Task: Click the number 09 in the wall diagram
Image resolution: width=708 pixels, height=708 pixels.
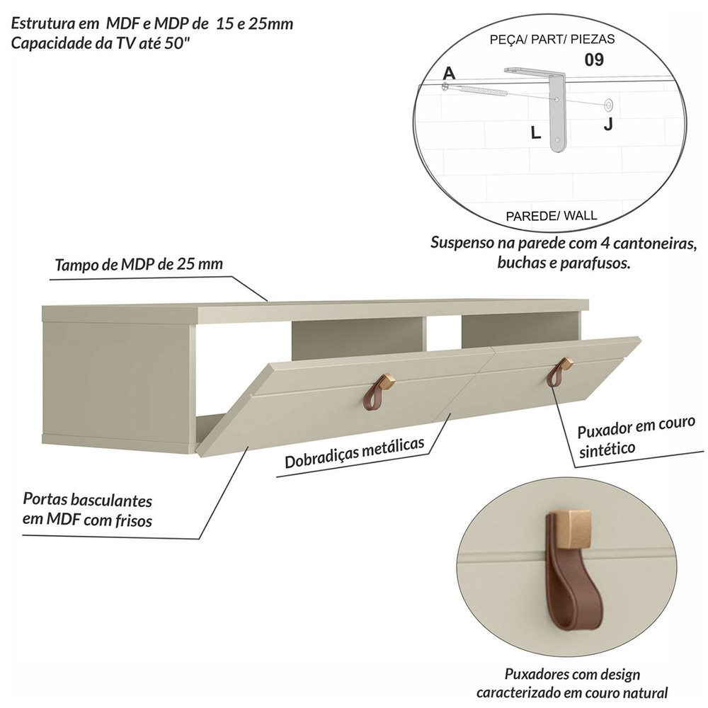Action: (x=594, y=59)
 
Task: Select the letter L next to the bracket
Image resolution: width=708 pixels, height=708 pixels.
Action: (x=535, y=133)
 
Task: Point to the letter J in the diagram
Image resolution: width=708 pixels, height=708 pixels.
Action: (x=608, y=123)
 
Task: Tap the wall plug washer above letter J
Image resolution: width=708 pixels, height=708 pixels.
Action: (x=609, y=105)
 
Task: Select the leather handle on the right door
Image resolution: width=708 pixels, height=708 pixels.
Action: (x=559, y=372)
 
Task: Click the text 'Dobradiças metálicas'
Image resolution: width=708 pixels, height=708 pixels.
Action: (x=355, y=452)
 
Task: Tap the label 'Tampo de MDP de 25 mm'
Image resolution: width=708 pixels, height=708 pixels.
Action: (x=139, y=264)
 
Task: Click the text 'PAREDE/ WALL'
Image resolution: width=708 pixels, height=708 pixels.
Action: (x=551, y=216)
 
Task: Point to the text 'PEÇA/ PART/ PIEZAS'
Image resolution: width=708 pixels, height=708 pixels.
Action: (x=552, y=40)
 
